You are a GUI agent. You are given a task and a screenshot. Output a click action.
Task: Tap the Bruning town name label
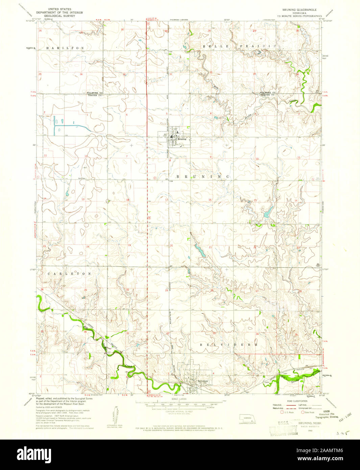pos(181,139)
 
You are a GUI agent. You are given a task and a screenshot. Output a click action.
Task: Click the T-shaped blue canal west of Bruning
pos(68,126)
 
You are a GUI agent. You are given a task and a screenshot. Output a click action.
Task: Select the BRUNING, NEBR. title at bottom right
pos(309,423)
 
